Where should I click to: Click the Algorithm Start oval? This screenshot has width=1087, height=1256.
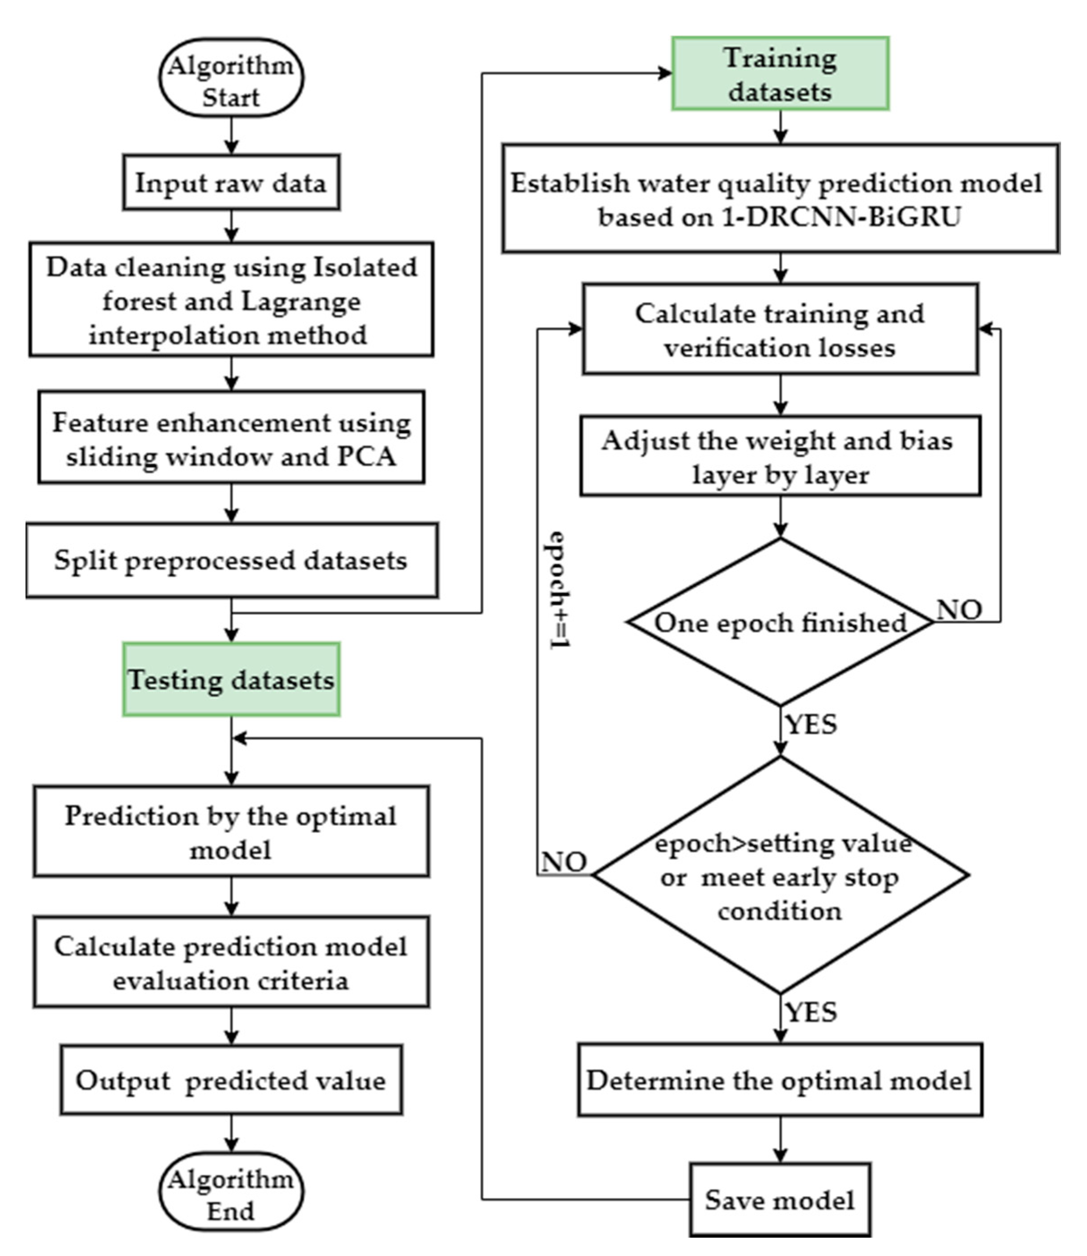point(231,78)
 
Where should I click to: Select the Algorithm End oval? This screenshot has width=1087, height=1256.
point(231,1191)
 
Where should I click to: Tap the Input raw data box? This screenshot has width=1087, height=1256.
point(231,182)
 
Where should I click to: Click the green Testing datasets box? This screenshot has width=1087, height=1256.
point(231,680)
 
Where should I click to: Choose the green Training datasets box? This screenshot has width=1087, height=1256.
point(780,73)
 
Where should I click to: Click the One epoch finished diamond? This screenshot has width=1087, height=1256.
point(780,622)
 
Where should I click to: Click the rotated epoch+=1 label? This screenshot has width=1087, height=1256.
point(558,590)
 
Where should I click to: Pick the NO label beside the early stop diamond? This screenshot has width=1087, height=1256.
point(564,861)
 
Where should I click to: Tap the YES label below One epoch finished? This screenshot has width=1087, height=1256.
point(811,724)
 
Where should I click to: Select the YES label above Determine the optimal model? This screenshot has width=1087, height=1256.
point(811,1012)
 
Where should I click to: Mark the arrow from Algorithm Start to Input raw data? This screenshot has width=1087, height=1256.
point(231,135)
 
